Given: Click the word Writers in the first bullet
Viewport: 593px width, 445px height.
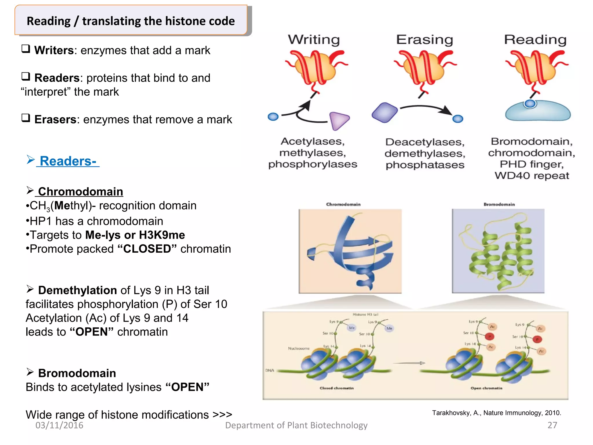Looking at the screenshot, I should (x=54, y=50).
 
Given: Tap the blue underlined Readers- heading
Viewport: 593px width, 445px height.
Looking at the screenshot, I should (x=68, y=161).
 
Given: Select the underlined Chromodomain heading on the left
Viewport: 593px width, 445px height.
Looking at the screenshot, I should (x=80, y=192).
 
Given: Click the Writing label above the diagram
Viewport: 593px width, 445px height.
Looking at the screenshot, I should (x=314, y=40).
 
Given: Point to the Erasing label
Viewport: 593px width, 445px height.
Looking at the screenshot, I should (x=424, y=40).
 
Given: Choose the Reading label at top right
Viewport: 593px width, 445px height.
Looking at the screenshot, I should (x=535, y=40).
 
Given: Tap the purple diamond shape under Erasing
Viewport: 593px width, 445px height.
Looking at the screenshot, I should (x=385, y=112).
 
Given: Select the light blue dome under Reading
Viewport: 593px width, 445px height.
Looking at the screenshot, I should (x=538, y=112).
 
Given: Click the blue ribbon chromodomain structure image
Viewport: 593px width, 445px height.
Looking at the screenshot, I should (x=350, y=251).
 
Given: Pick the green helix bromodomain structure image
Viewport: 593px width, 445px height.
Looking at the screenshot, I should (x=498, y=251).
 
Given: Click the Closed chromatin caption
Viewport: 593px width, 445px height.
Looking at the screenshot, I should (x=336, y=388).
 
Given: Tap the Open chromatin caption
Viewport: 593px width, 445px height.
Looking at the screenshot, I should (x=486, y=388).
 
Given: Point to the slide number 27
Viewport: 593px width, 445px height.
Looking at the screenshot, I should (x=552, y=425).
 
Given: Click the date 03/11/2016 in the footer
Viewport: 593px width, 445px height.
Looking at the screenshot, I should (x=59, y=425).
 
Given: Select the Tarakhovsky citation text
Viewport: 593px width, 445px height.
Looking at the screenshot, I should (x=496, y=413).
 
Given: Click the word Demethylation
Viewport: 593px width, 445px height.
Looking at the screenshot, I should (x=77, y=290).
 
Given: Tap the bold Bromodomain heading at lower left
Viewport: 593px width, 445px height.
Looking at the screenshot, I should (x=77, y=373).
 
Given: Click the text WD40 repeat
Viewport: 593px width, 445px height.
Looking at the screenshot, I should (x=532, y=176).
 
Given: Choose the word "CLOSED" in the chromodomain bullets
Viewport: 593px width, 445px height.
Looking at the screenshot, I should (x=147, y=249).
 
